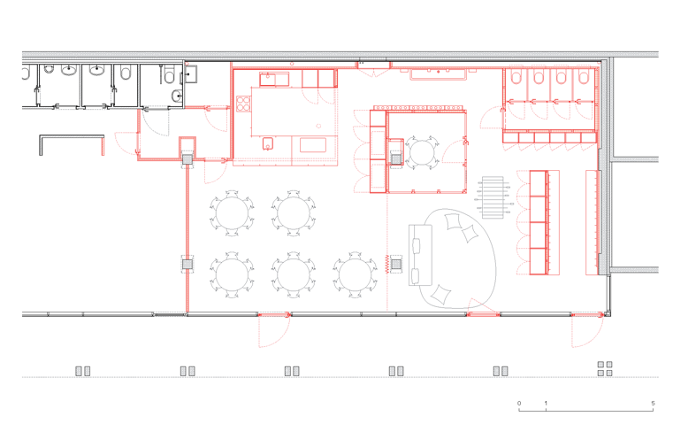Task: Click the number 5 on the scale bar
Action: tap(653, 403)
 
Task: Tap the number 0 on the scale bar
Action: tap(519, 403)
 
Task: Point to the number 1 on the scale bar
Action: tap(546, 403)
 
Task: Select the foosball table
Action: tap(493, 197)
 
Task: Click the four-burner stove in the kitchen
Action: tap(243, 104)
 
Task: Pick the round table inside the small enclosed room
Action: tap(422, 153)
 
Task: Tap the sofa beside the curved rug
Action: tap(420, 255)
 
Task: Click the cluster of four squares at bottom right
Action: tap(605, 368)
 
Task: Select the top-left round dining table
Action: tap(232, 213)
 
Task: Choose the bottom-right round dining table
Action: tap(356, 274)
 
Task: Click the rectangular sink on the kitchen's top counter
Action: tap(274, 80)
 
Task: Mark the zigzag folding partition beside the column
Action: tap(387, 264)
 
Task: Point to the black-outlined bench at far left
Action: tap(72, 137)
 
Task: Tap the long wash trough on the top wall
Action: tap(439, 73)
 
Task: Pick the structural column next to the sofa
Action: tap(396, 265)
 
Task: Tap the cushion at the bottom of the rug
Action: tap(441, 294)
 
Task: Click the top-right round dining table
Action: tap(294, 213)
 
